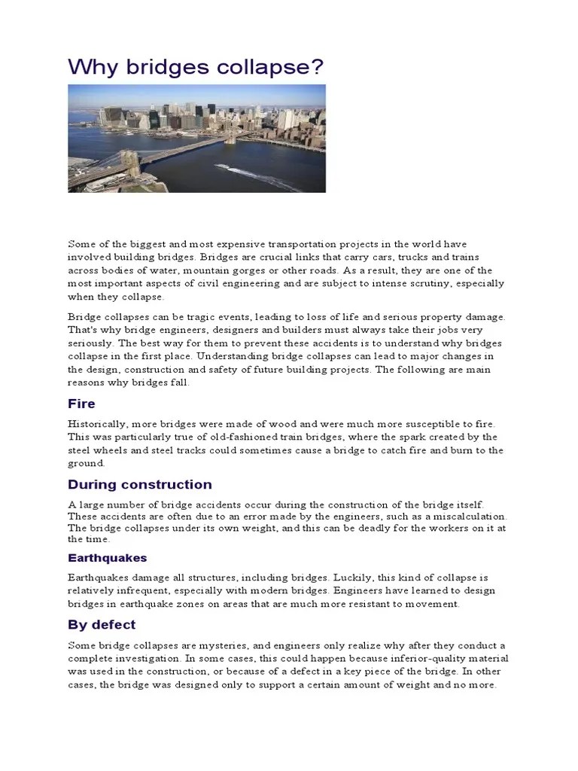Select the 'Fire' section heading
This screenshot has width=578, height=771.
(x=81, y=404)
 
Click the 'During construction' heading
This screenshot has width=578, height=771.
(x=140, y=484)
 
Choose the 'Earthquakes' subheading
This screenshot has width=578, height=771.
(x=107, y=558)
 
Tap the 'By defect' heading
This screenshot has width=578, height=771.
(x=102, y=625)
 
